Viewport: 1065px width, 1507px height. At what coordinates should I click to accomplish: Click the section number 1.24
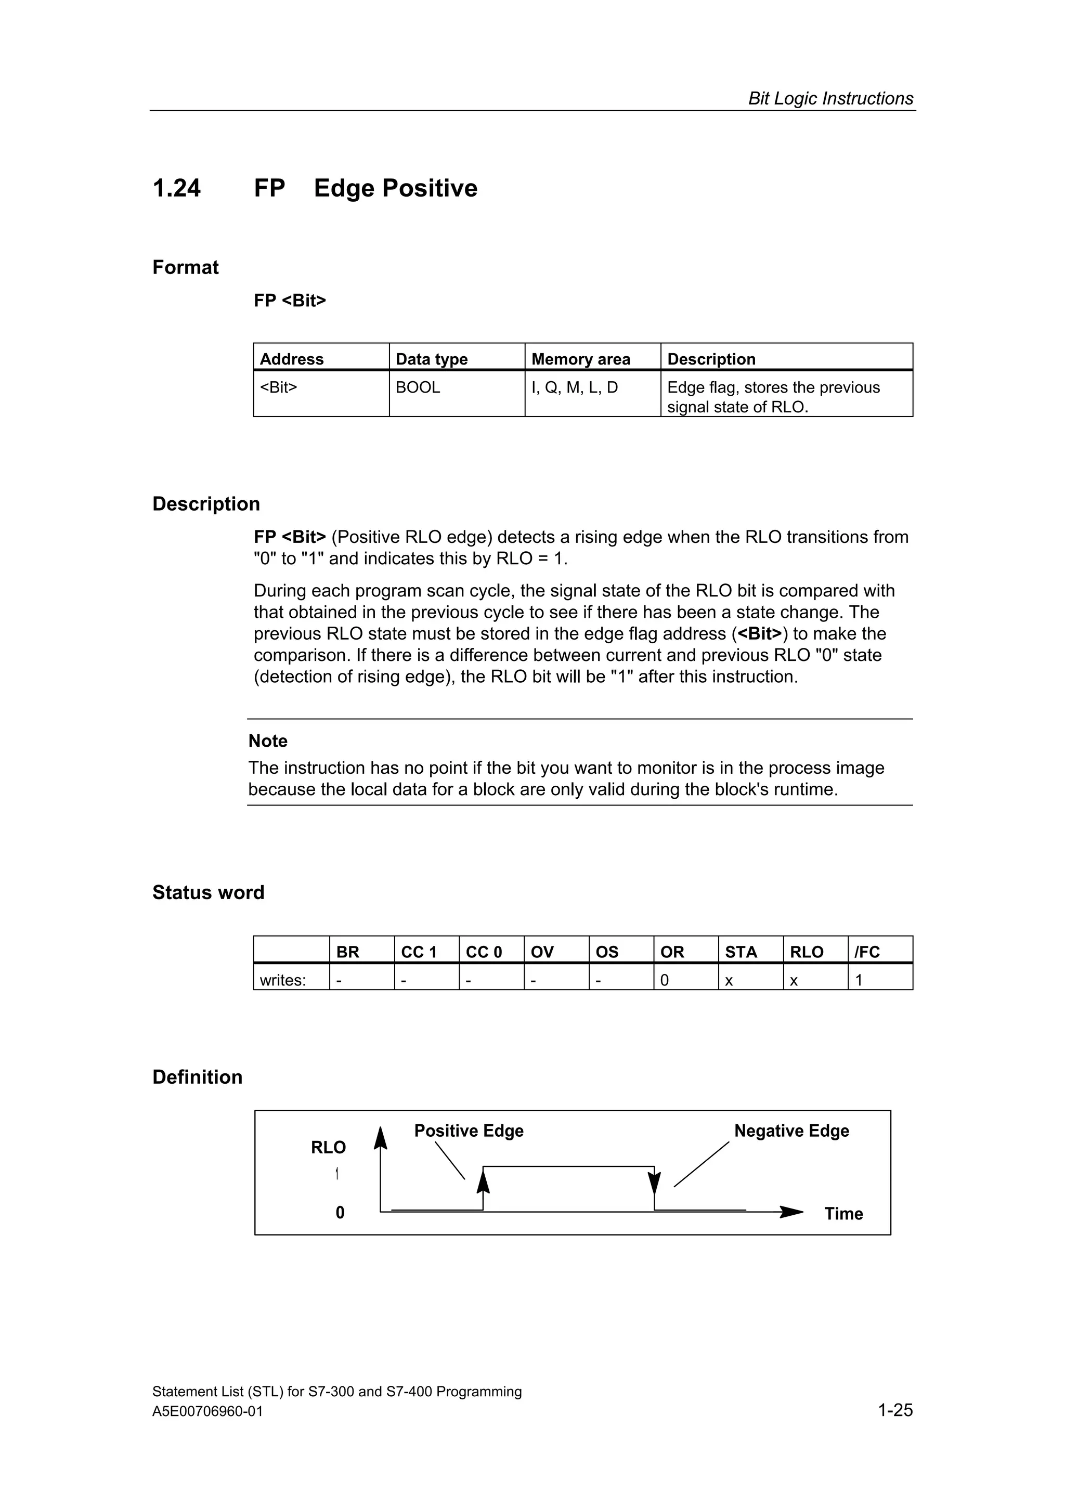coord(176,188)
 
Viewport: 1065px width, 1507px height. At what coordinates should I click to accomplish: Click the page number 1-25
coord(895,1410)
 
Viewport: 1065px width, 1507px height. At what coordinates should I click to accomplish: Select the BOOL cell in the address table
coord(418,387)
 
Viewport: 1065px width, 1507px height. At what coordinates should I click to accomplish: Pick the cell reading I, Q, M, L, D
coord(574,387)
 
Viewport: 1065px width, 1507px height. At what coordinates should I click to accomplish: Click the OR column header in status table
coord(672,952)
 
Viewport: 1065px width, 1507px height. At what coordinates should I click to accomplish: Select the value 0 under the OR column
coord(664,981)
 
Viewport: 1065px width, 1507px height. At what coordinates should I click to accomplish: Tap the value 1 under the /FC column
coord(859,981)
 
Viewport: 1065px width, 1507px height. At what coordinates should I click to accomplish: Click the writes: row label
coord(283,981)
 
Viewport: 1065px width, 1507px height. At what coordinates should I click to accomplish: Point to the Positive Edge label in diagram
coord(469,1131)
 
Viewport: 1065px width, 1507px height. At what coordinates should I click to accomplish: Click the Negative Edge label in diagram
coord(791,1131)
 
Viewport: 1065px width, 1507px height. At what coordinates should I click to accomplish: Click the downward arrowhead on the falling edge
coord(654,1184)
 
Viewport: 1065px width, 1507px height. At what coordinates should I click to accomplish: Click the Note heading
coord(268,741)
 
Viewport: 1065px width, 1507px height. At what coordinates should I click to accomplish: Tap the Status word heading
coord(208,893)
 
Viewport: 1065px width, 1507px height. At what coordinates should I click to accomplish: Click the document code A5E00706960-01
coord(207,1412)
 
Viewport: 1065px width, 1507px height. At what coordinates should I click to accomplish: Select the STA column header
coord(741,952)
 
